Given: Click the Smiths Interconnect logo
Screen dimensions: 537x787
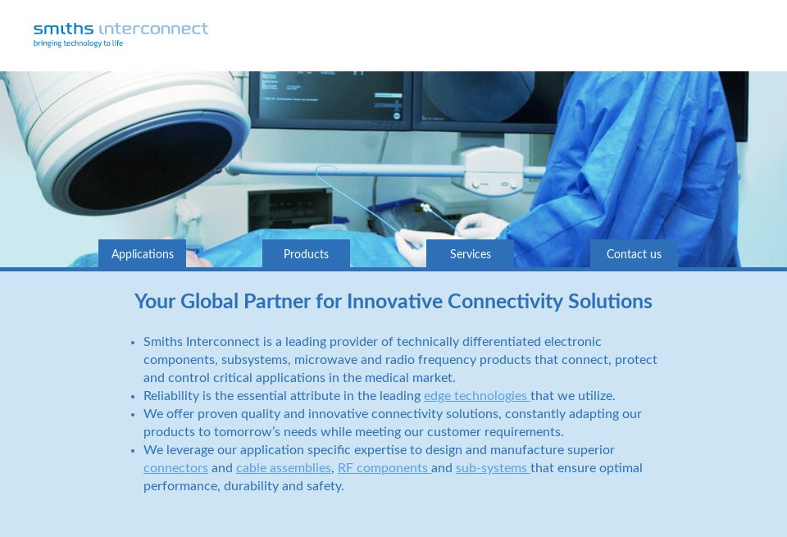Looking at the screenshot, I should (x=121, y=30).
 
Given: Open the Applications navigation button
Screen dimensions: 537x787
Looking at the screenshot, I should (x=143, y=254).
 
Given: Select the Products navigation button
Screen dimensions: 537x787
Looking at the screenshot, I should (x=306, y=254).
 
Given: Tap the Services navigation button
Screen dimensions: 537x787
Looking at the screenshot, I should (x=471, y=254).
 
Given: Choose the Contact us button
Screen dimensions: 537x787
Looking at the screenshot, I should (x=634, y=254).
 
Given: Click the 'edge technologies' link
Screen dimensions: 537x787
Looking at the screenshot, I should (x=475, y=396).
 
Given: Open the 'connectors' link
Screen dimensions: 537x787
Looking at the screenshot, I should (x=175, y=468).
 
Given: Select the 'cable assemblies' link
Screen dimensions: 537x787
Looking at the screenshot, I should (x=284, y=468).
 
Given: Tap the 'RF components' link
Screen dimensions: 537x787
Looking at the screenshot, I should (x=383, y=468).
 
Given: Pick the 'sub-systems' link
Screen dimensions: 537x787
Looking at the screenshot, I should (x=492, y=468).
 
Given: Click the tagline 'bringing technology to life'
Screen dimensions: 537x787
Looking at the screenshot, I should (x=78, y=43).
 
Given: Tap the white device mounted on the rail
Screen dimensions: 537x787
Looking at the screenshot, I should (x=492, y=168).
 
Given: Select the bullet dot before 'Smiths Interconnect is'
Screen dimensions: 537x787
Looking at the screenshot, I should (x=133, y=343).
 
